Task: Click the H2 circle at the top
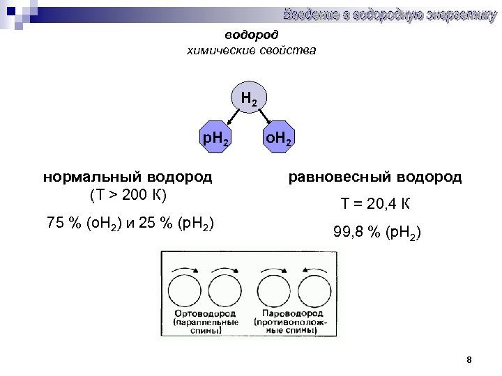tap(249, 100)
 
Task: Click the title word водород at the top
tap(251, 35)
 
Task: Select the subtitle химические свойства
tap(251, 50)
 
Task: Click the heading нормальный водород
tap(128, 177)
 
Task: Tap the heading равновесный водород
tap(375, 177)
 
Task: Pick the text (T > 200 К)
tap(128, 194)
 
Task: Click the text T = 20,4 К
tap(375, 205)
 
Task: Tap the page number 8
tap(469, 360)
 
